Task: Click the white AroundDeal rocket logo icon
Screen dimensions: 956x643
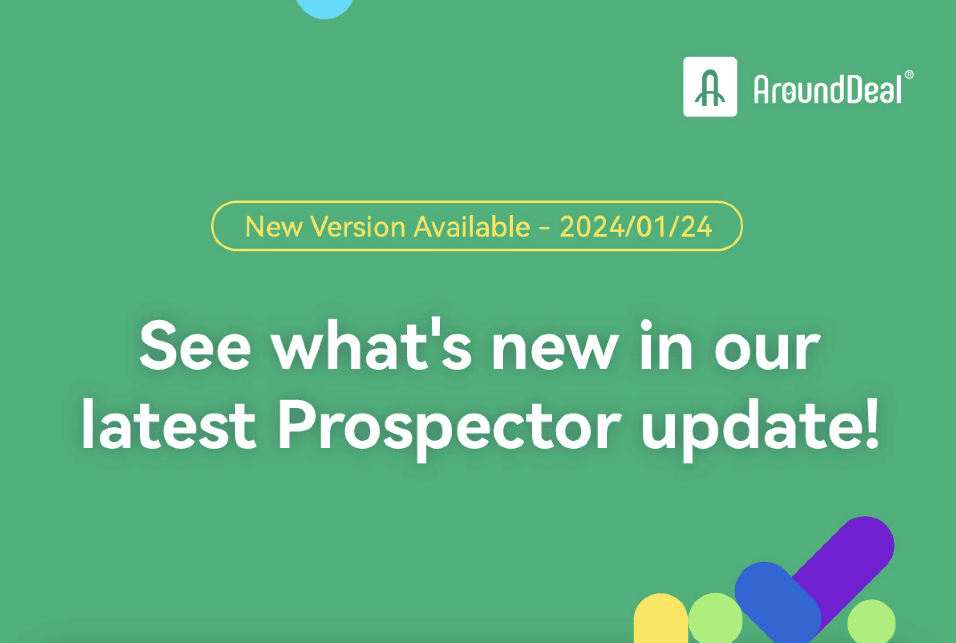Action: [710, 87]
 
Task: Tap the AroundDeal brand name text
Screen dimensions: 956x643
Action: [827, 89]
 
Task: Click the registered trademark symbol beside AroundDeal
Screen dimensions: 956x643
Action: [910, 75]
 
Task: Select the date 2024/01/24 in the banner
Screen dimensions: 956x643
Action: [636, 227]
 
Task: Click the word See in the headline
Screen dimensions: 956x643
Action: [195, 346]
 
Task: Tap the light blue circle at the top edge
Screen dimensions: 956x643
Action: [325, 6]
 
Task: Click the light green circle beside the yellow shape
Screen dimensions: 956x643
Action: [716, 619]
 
